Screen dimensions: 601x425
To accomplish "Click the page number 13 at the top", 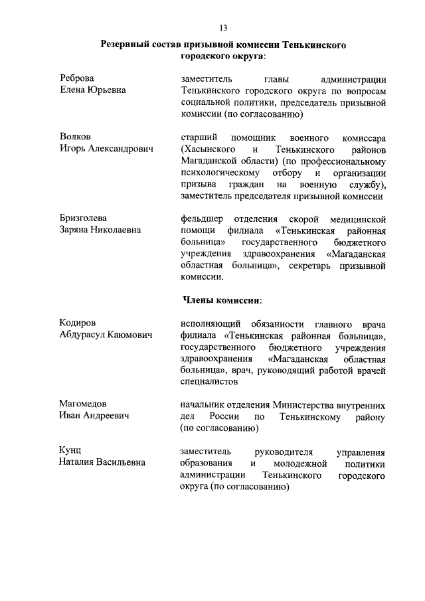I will (223, 27).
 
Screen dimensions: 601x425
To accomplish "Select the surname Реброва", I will (77, 78).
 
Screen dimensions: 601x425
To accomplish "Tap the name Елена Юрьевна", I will (94, 90).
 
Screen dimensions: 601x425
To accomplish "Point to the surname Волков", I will (75, 137).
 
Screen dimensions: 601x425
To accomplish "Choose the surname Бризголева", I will (83, 218).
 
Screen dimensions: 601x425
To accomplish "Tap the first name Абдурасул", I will (82, 335).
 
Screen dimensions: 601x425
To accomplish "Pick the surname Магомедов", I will (83, 404).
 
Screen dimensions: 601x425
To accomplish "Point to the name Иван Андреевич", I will (94, 416).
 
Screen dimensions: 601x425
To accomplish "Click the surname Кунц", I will (71, 451).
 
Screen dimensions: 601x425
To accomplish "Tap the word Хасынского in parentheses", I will (209, 149).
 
